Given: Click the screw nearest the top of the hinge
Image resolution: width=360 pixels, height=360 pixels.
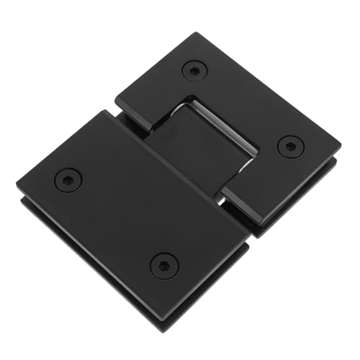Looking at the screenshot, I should pos(194,71).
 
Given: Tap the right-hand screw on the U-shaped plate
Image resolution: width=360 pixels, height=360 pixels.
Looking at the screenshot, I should pos(290,145).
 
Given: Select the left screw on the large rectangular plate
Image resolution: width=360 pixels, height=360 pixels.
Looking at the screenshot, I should pos(66,180).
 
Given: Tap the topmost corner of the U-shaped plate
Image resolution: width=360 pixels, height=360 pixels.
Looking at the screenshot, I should pos(194,33).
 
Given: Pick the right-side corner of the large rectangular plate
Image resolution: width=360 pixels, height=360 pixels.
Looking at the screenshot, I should pos(248,245).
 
